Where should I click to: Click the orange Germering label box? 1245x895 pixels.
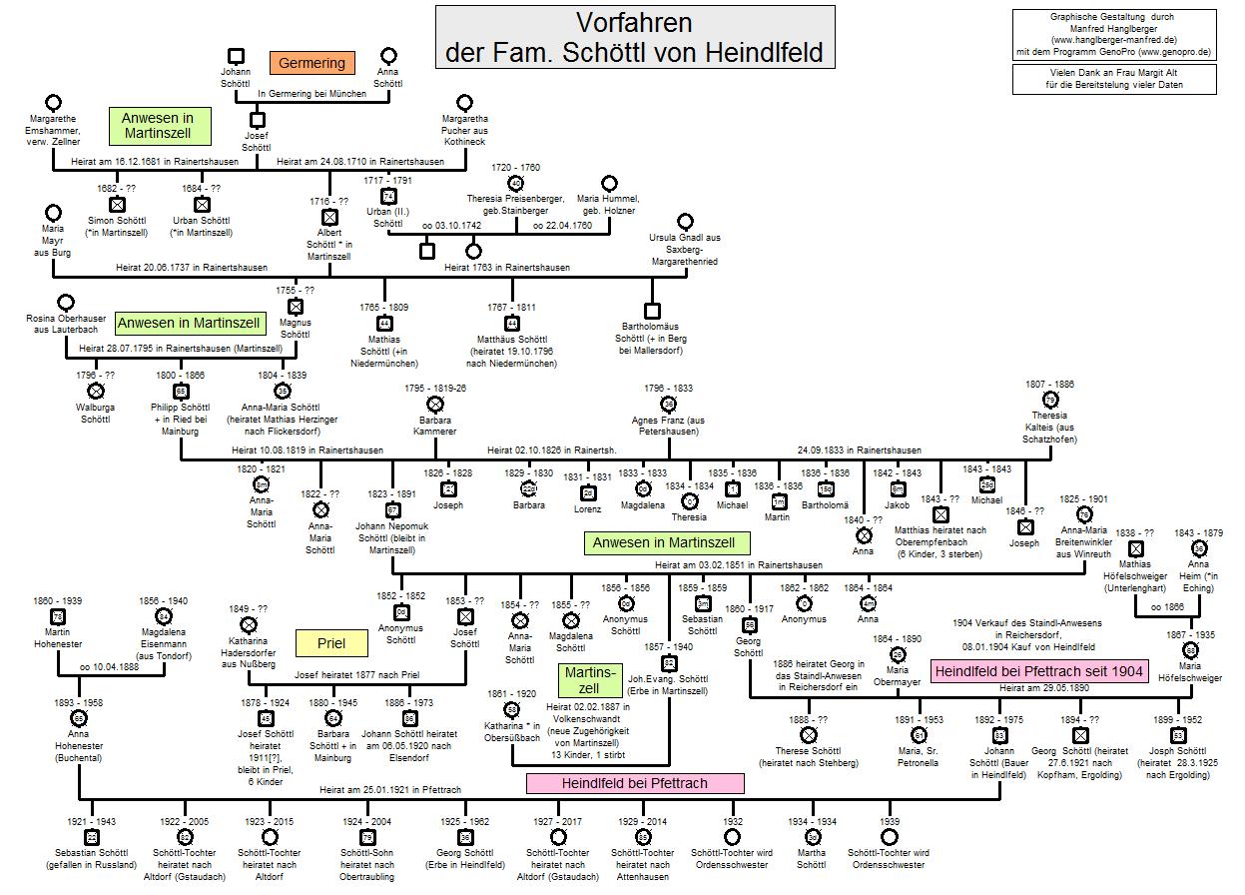point(311,63)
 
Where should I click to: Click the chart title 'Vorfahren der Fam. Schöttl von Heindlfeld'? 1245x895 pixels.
point(634,37)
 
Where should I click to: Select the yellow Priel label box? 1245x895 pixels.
point(330,643)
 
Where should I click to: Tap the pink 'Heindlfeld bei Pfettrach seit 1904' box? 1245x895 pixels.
point(1039,670)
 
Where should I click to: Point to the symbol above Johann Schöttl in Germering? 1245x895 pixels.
point(236,55)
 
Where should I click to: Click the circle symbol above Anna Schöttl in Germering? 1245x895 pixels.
point(388,55)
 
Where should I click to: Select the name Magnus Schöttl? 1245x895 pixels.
point(295,329)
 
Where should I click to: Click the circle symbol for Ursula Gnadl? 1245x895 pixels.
point(685,221)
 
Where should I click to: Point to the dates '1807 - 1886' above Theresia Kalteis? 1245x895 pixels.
point(1049,385)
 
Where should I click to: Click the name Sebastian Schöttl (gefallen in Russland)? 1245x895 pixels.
point(91,859)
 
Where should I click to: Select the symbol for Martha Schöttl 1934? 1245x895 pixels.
point(813,837)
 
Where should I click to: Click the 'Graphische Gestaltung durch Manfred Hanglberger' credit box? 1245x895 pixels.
point(1112,34)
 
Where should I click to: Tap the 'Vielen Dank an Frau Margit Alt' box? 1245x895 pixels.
point(1112,79)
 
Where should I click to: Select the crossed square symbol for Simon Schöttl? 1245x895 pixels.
point(117,205)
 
